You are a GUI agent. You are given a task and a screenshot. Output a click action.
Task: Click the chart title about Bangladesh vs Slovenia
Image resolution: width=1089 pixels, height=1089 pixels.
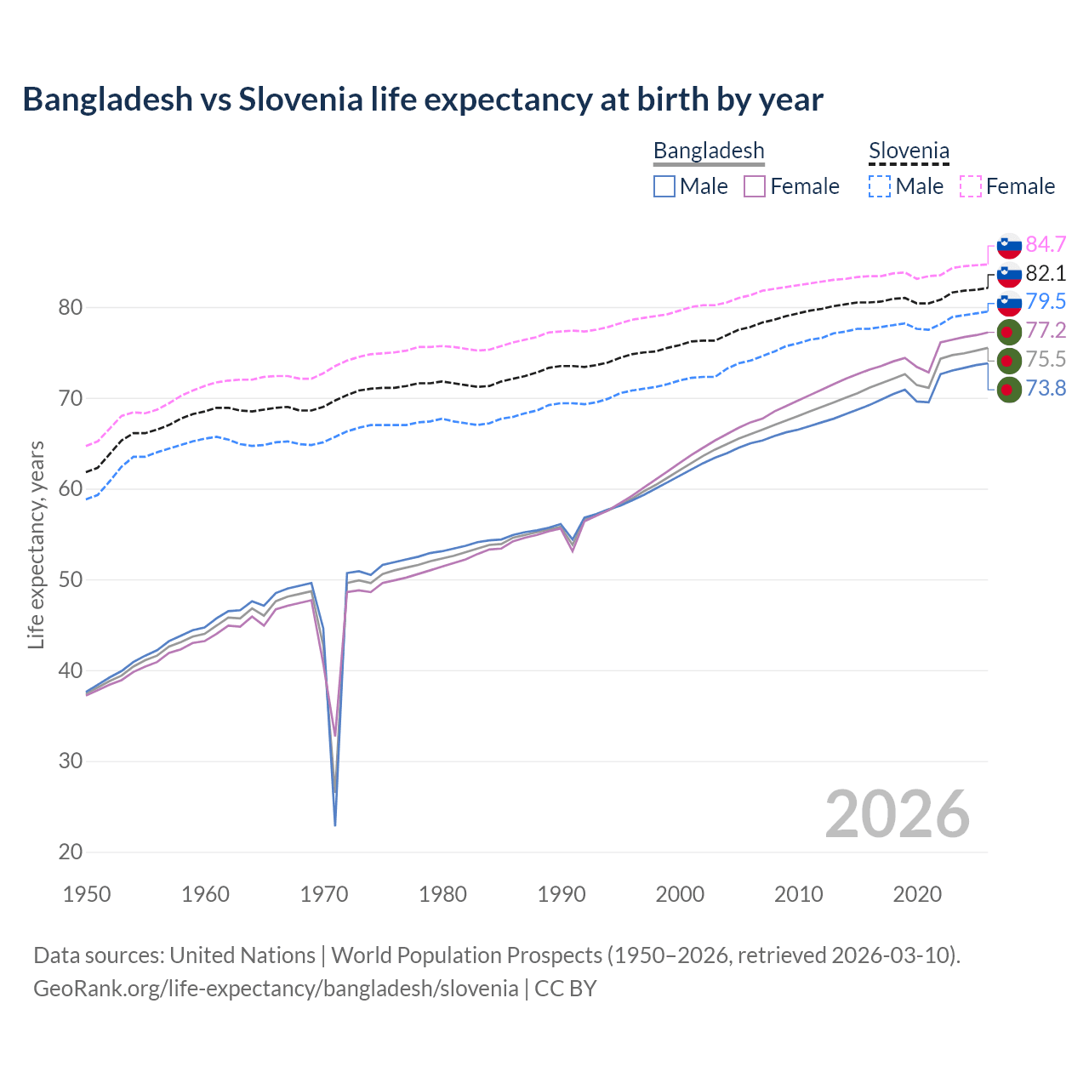coord(423,100)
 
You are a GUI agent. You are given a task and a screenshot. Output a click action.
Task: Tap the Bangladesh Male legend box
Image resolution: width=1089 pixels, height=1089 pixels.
coord(664,186)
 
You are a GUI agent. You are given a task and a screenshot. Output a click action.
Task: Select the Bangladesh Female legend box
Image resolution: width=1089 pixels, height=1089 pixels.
coord(755,186)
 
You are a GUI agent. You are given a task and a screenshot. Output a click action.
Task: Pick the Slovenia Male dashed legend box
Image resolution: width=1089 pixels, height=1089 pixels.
coord(880,186)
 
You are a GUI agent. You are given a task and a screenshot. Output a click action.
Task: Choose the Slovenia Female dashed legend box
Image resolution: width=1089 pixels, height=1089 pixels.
coord(971,186)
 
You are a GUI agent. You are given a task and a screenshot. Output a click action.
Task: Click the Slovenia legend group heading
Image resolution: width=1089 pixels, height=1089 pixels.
coord(909,151)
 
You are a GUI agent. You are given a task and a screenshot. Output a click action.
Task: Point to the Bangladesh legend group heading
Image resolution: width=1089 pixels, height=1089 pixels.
coord(709,151)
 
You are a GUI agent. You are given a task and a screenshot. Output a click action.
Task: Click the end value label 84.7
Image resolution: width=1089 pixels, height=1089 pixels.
coord(1046,245)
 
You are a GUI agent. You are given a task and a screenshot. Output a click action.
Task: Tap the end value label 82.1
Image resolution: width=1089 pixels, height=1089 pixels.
coord(1046,274)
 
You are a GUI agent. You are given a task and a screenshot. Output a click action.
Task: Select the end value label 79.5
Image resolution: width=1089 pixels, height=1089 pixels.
coord(1046,302)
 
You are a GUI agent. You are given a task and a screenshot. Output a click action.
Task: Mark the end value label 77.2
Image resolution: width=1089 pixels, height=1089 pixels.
coord(1046,331)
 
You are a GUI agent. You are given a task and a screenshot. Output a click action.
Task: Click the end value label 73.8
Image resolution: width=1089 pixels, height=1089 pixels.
coord(1046,389)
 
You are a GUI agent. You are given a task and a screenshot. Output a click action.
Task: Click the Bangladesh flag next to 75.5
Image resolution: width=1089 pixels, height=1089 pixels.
coord(1009,360)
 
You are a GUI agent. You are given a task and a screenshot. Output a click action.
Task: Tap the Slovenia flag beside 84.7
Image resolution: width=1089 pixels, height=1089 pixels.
coord(1009,245)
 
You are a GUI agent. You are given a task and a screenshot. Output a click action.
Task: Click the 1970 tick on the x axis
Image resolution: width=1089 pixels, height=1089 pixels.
coord(324,894)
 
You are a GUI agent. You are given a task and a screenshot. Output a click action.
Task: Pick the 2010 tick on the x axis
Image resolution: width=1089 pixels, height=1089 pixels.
coord(798,894)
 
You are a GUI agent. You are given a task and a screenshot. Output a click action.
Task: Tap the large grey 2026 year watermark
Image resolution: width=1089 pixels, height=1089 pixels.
coord(897,814)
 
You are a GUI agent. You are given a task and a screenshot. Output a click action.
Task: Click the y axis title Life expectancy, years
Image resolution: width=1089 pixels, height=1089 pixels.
coord(37,544)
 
